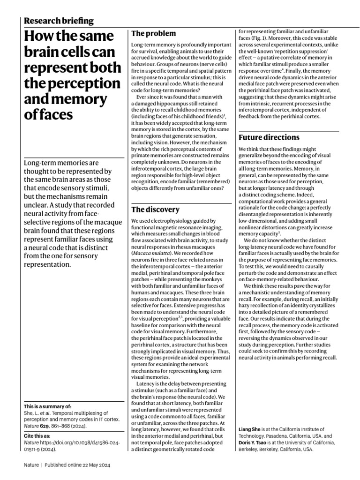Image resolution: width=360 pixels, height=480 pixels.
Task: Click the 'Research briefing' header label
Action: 58,21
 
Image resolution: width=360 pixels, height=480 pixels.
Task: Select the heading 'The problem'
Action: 153,34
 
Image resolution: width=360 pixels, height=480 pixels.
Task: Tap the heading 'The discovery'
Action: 155,209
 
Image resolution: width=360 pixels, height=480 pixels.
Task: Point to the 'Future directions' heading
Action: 269,137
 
